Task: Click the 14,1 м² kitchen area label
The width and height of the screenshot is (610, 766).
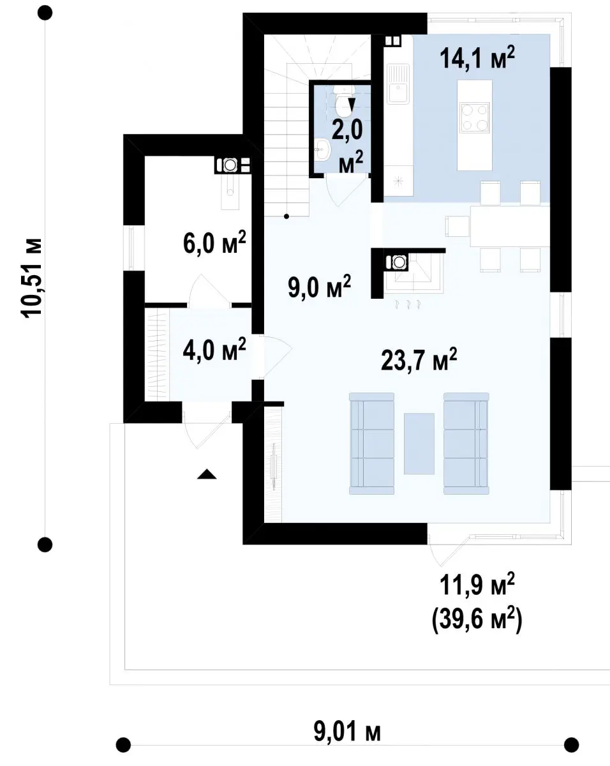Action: coord(477,57)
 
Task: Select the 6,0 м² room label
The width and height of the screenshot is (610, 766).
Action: coord(214,243)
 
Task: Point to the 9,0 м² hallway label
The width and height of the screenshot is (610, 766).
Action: coord(319,287)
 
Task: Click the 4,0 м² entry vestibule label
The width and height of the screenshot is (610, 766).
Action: coord(214,350)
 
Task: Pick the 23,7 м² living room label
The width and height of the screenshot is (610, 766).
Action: coord(419,360)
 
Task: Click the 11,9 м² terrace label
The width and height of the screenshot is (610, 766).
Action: coord(477,585)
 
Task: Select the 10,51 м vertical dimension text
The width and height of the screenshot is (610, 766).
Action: coord(31,278)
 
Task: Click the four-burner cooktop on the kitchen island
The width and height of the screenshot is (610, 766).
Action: coord(475,117)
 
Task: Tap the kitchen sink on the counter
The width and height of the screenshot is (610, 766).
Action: coord(398,84)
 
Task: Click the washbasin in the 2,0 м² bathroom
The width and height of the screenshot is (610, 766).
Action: coord(323,149)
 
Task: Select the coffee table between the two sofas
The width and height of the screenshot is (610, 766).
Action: coord(419,444)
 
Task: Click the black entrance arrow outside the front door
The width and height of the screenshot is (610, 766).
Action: coord(207,474)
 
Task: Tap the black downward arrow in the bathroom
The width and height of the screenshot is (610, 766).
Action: coord(352,105)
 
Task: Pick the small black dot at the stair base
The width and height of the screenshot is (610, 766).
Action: coord(286,216)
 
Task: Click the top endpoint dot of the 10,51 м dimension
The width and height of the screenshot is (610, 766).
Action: coord(45,13)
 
